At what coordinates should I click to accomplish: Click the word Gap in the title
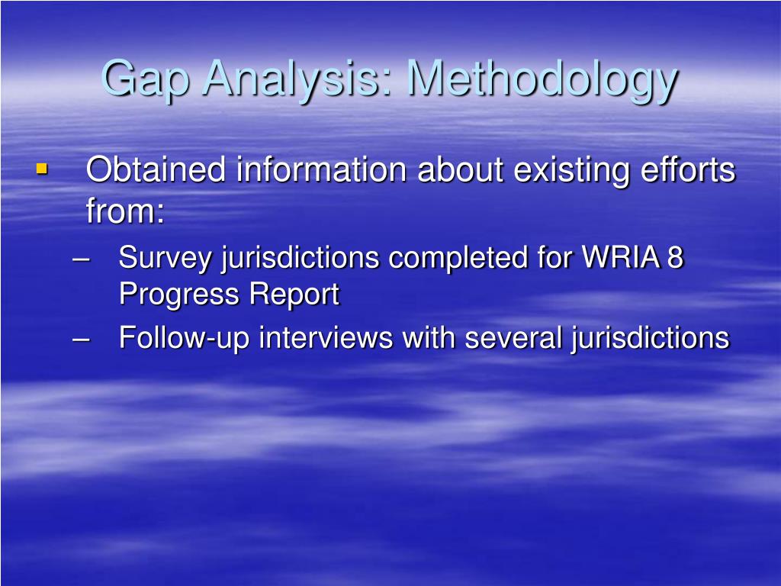pyautogui.click(x=146, y=79)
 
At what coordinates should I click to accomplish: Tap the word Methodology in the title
pyautogui.click(x=542, y=79)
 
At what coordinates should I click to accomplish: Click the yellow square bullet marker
pyautogui.click(x=42, y=167)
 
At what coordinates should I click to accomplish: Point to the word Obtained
pyautogui.click(x=156, y=169)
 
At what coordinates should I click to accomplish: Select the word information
pyautogui.click(x=321, y=169)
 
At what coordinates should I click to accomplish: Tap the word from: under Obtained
pyautogui.click(x=125, y=211)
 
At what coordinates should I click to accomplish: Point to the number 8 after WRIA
pyautogui.click(x=676, y=259)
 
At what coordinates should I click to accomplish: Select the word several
pyautogui.click(x=515, y=337)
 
